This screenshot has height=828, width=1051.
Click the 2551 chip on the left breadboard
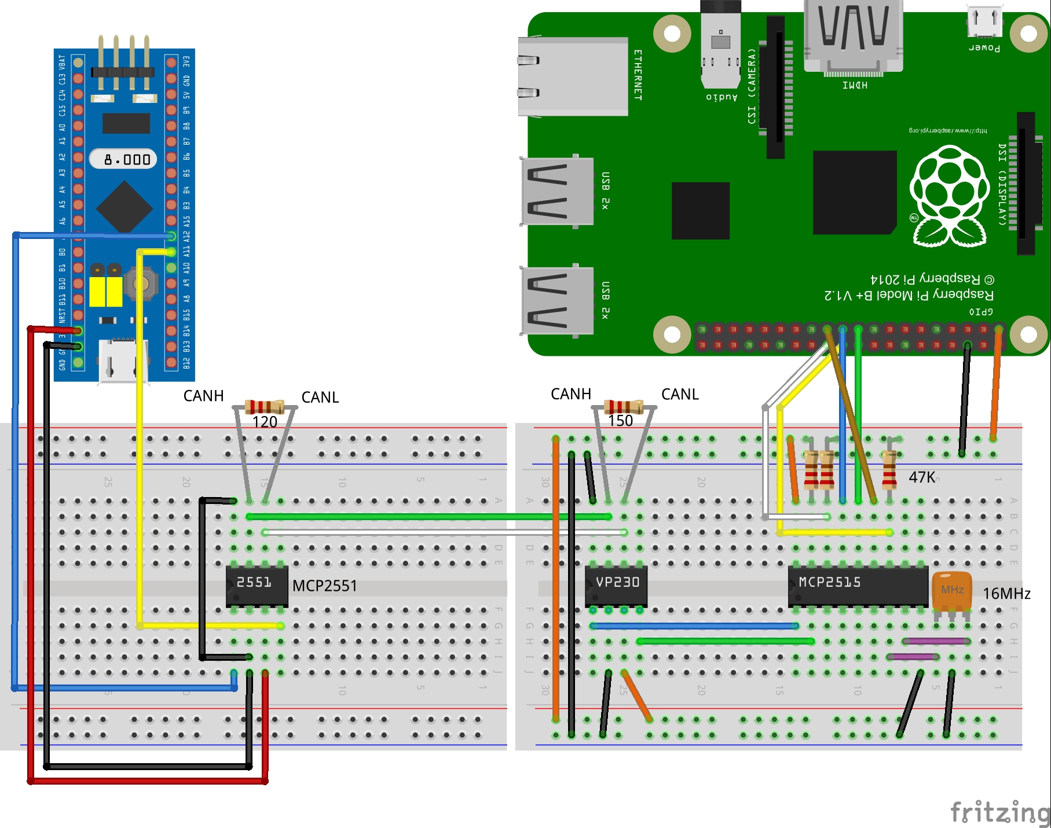tap(257, 586)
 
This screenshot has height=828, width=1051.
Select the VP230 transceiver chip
tap(616, 586)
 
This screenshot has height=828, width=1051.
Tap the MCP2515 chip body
tap(858, 586)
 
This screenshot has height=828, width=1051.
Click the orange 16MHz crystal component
tap(951, 591)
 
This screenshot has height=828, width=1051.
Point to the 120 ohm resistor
tap(265, 406)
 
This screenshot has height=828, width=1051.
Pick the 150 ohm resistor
tap(624, 406)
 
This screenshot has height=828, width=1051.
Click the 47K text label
tap(922, 477)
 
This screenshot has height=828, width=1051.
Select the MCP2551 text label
tap(324, 586)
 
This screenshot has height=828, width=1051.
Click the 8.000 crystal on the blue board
tap(123, 159)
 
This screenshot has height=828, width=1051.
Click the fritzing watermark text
tap(999, 811)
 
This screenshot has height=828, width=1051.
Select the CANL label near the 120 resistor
tap(320, 398)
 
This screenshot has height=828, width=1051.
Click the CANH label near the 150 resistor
tap(570, 394)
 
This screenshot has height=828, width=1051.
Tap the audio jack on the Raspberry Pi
tap(720, 46)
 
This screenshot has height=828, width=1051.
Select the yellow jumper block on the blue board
tap(105, 291)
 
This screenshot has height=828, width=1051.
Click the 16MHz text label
tap(1006, 594)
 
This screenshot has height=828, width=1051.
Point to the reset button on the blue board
tap(141, 284)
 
